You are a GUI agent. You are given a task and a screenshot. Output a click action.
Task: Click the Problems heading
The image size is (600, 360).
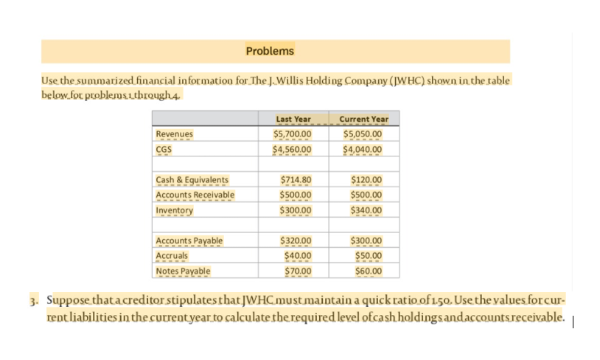point(270,51)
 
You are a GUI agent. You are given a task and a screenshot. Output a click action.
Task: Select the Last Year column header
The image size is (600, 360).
point(293,120)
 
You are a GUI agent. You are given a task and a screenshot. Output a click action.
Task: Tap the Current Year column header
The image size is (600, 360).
point(363,120)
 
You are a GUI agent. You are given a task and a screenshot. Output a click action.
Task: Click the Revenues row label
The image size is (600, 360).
point(175,134)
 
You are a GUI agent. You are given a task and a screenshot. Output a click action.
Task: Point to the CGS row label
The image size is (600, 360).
point(164,150)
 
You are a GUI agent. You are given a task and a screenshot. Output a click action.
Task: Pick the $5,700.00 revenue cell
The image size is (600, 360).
point(293,134)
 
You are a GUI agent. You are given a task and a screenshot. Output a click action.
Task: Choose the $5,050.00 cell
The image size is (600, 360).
point(363,134)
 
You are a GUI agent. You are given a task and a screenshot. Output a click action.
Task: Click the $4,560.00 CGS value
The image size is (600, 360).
point(293,150)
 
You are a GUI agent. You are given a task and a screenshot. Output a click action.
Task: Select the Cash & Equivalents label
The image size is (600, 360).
point(192,180)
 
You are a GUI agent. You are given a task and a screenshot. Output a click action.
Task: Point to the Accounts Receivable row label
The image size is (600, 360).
point(195,195)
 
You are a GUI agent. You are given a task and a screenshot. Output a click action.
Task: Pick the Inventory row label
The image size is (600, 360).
point(175,210)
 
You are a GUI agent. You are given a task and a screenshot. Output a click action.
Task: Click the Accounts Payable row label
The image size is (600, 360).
point(189,241)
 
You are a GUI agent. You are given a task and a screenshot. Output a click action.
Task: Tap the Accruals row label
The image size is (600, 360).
point(172,256)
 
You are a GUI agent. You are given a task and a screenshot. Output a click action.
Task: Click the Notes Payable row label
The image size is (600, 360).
point(184,271)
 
